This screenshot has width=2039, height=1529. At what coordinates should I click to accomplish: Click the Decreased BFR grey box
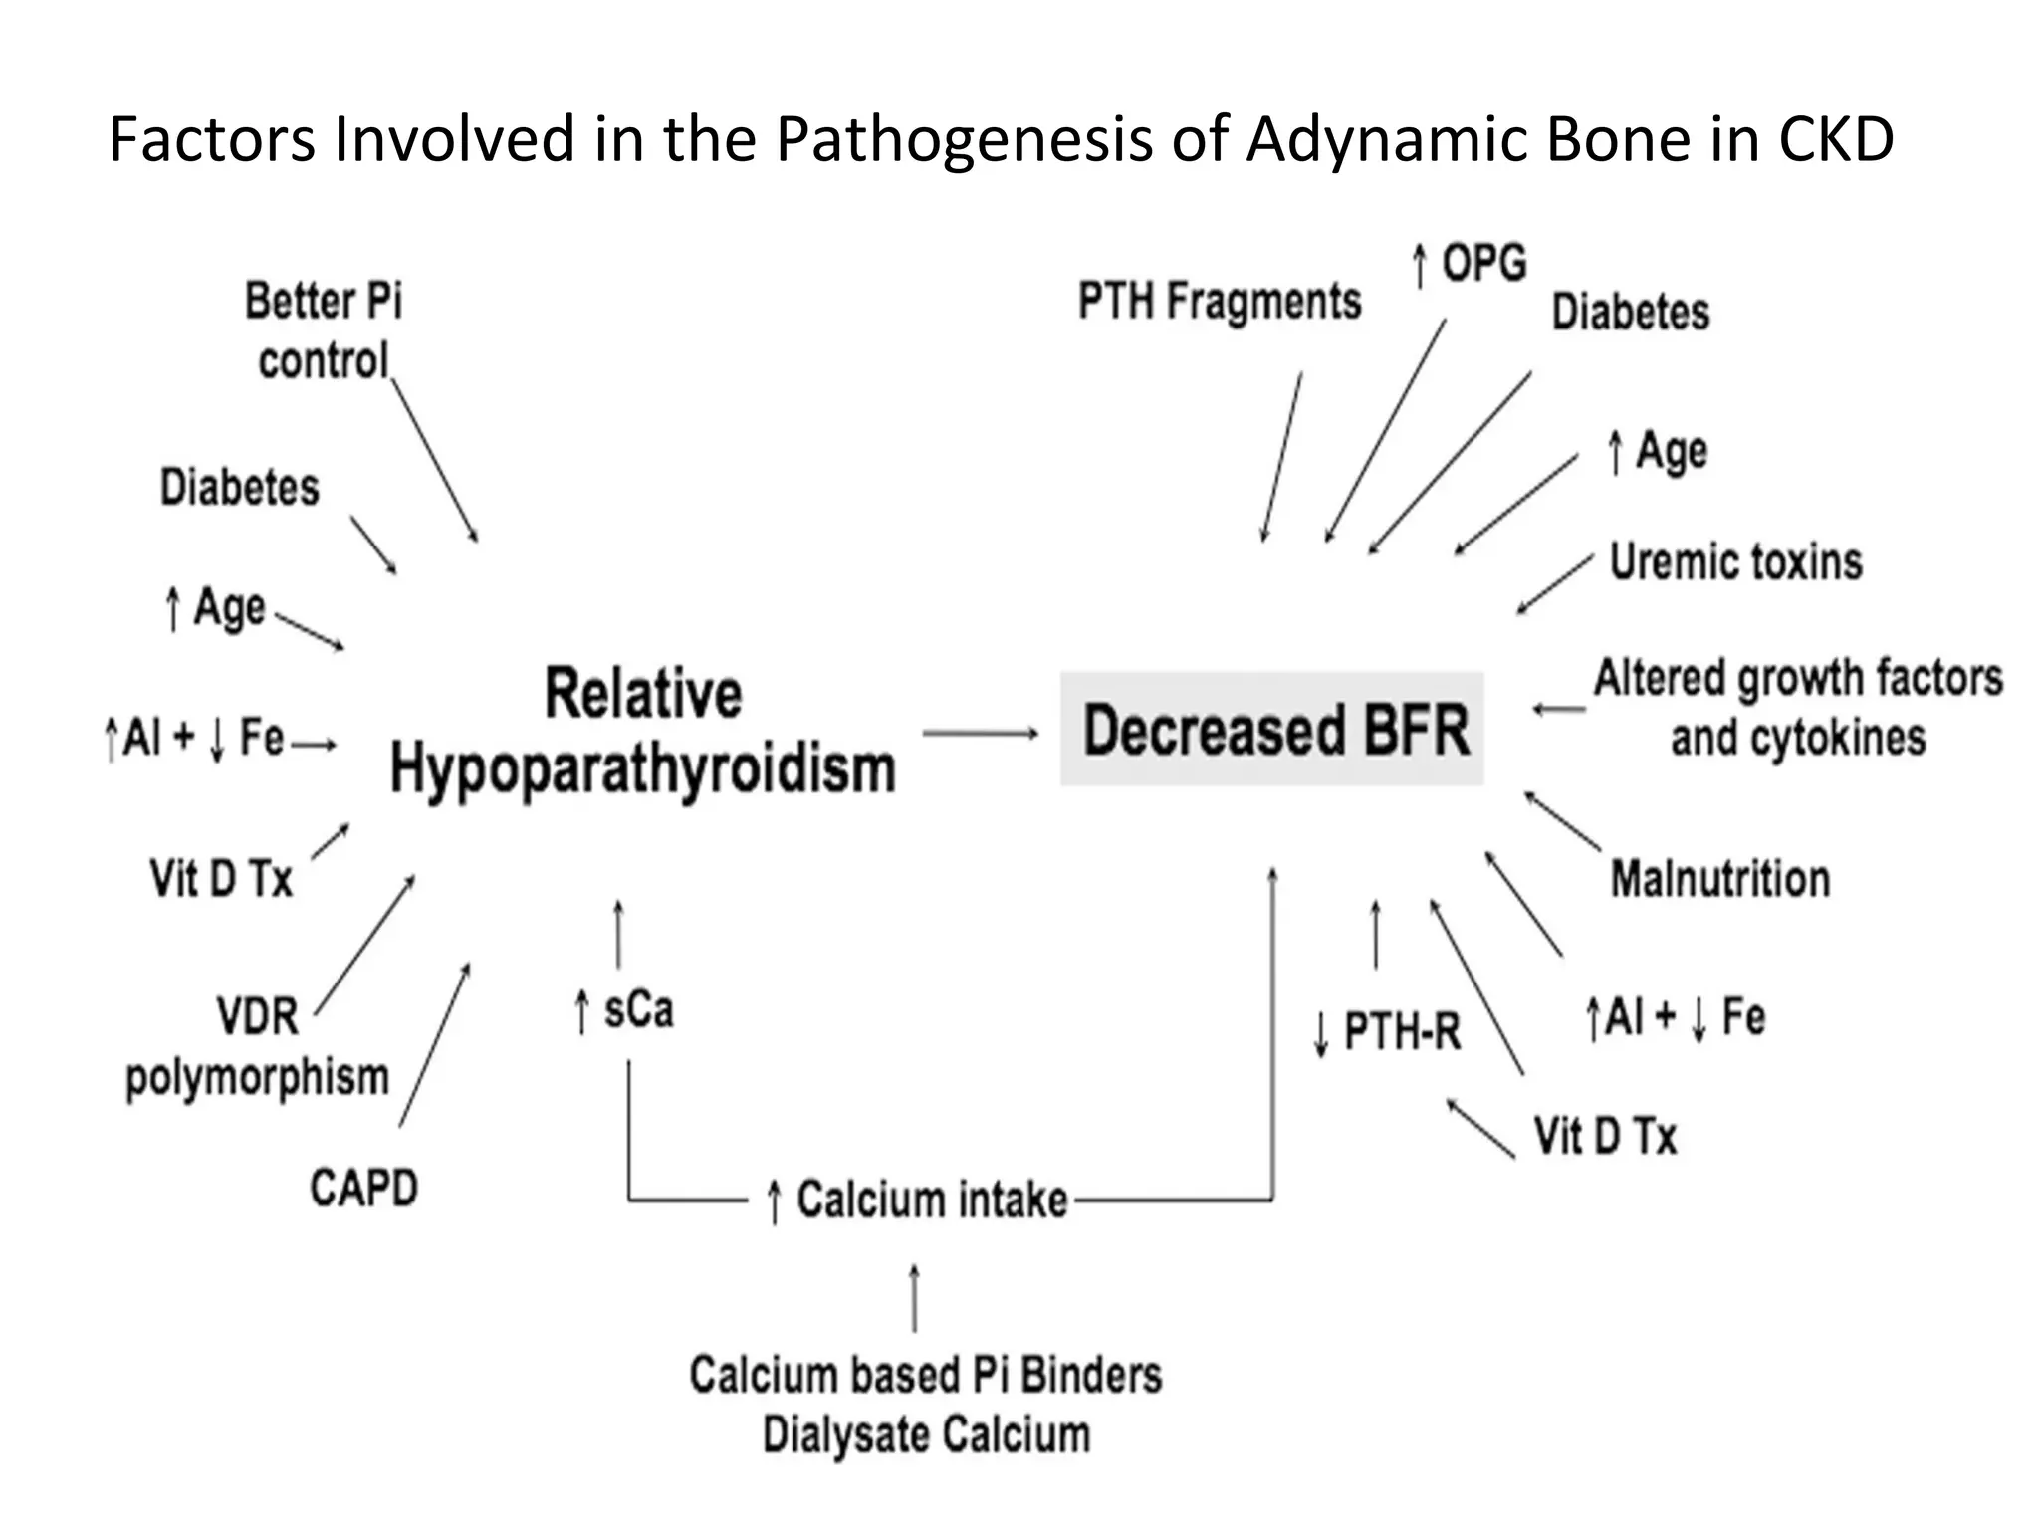pos(1272,730)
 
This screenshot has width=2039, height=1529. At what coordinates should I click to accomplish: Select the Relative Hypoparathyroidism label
pos(643,732)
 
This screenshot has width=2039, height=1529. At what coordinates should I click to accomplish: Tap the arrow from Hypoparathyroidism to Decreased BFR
pos(980,734)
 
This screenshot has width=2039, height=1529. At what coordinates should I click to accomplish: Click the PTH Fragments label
pos(1220,302)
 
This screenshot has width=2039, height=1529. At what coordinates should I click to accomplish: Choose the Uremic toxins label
pos(1735,562)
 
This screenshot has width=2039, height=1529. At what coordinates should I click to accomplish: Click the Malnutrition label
pos(1720,880)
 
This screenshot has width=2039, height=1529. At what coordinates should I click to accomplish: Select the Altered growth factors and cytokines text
pos(1798,708)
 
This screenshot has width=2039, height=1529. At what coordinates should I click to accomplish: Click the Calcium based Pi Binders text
pos(925,1375)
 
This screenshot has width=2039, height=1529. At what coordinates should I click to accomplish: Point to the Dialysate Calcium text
pos(926,1435)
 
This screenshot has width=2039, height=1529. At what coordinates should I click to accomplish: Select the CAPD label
pos(363,1188)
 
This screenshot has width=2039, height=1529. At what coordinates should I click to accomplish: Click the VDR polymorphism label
pos(258,1047)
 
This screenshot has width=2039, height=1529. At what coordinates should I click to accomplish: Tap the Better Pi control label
pos(324,330)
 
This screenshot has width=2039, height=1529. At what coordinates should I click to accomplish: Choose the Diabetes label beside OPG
pos(1630,313)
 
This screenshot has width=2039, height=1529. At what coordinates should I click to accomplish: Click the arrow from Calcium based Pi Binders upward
pos(914,1298)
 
